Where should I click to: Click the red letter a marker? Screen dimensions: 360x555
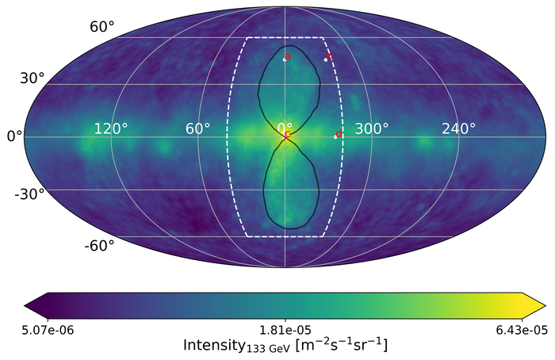pyautogui.click(x=288, y=56)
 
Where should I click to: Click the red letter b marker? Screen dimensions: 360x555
pyautogui.click(x=329, y=56)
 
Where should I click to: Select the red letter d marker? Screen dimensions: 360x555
pyautogui.click(x=339, y=135)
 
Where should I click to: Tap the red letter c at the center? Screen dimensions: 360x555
pyautogui.click(x=287, y=135)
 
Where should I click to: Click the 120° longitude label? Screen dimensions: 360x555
pyautogui.click(x=110, y=128)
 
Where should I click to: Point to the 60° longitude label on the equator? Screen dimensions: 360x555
pyautogui.click(x=197, y=128)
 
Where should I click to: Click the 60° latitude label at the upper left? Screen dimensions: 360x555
pyautogui.click(x=102, y=27)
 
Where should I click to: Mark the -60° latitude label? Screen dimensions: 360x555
pyautogui.click(x=99, y=245)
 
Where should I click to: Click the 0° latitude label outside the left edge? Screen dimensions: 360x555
pyautogui.click(x=13, y=136)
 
